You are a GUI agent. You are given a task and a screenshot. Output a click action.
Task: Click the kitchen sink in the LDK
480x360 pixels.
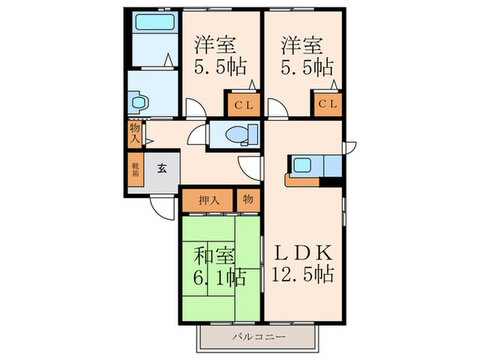click(x=302, y=165)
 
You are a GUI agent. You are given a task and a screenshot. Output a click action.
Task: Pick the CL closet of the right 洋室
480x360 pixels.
click(x=327, y=105)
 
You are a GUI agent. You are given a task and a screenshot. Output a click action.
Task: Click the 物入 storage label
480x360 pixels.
click(x=134, y=132)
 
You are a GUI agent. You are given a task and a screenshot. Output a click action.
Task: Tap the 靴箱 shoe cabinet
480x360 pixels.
click(x=135, y=169)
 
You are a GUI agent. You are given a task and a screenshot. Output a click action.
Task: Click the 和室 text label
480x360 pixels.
click(x=214, y=257)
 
